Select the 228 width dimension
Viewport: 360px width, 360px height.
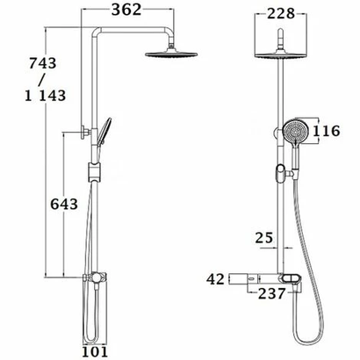click(283, 12)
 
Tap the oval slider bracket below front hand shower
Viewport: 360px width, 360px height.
click(282, 171)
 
